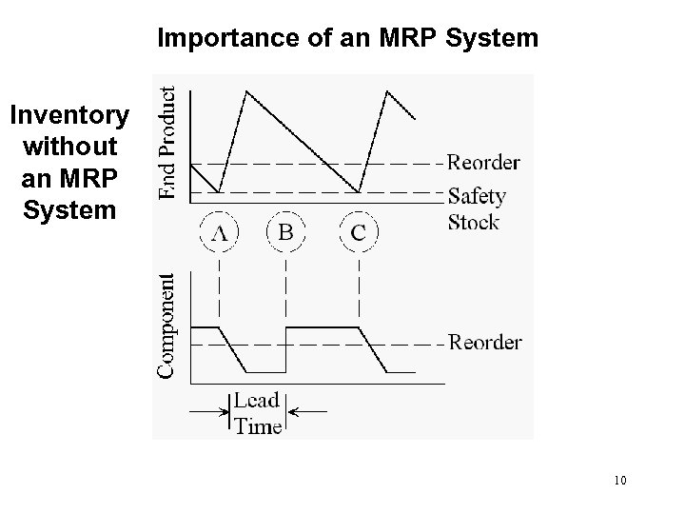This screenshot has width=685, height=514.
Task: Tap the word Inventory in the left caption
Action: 68,116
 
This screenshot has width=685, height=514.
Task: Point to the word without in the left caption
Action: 68,148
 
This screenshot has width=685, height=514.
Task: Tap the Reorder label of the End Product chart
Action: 484,163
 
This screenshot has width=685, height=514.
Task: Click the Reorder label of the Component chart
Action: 484,342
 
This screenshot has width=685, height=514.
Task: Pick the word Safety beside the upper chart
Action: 477,197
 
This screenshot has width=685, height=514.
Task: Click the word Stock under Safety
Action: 474,224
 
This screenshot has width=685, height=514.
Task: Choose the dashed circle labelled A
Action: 219,231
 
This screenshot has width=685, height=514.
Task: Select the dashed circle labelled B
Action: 284,231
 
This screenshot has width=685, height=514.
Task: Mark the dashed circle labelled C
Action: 359,231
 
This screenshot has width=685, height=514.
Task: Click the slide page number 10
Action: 620,480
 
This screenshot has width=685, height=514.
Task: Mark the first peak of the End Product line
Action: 247,91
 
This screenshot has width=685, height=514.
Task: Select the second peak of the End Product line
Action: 388,91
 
